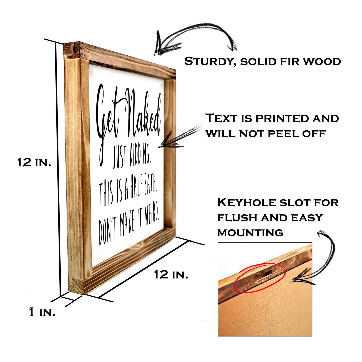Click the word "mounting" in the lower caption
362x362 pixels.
click(250, 233)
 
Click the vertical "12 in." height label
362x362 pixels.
click(34, 162)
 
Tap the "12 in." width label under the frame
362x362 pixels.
click(171, 275)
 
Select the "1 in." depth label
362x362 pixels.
click(42, 312)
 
